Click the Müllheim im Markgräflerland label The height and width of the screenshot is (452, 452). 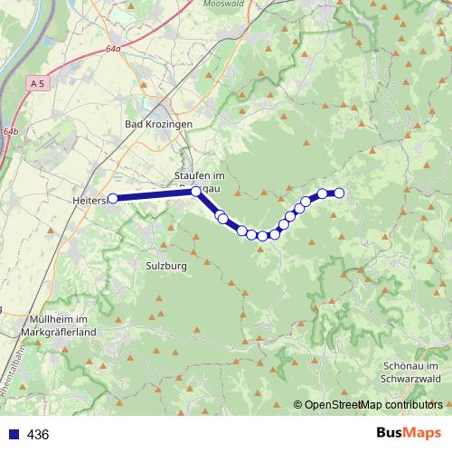click(x=58, y=327)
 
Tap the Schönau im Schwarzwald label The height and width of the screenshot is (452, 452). click(x=412, y=373)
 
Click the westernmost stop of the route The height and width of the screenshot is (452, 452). click(x=113, y=199)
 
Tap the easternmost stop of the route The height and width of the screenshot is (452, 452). click(x=340, y=192)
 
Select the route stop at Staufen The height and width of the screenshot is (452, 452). click(x=196, y=192)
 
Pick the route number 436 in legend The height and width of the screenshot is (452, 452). click(x=38, y=435)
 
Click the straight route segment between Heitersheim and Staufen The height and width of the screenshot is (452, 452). click(x=155, y=195)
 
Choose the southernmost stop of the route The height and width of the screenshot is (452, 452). click(x=262, y=236)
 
